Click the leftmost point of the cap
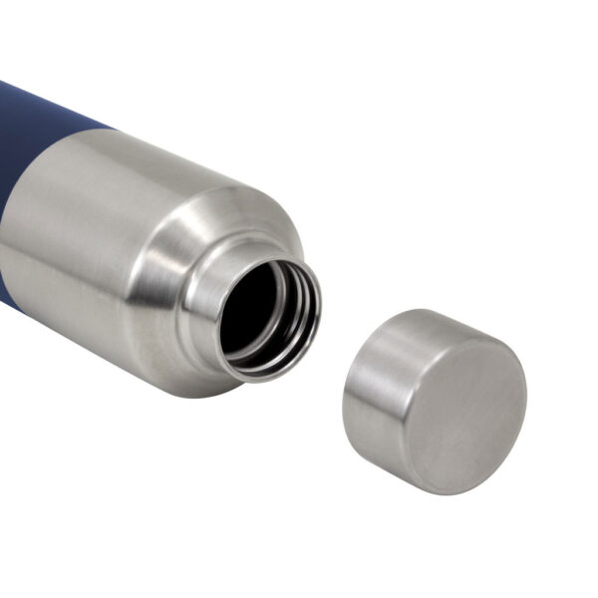tap(344, 409)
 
